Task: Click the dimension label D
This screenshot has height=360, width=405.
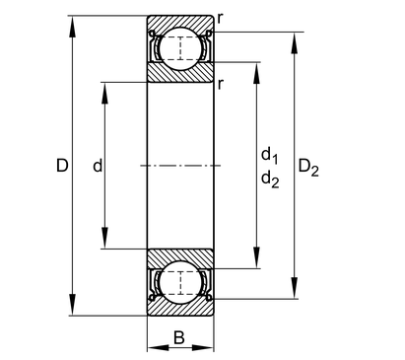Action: [62, 166]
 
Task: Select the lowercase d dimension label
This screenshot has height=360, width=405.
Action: [98, 166]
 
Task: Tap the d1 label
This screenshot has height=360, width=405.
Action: [269, 155]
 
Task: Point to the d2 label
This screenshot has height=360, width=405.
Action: [270, 180]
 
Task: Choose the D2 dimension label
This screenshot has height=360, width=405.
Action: [308, 168]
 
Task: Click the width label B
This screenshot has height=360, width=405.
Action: [179, 337]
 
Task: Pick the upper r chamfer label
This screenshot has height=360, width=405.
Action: [220, 20]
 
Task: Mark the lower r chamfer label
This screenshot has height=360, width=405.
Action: [220, 85]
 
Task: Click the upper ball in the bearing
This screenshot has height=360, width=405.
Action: [180, 48]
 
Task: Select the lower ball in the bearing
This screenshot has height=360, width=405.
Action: [180, 283]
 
